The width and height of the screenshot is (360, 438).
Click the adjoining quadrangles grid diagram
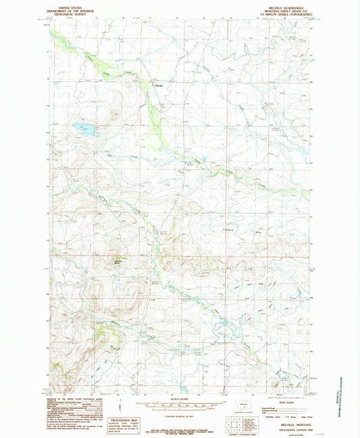tap(234, 424)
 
